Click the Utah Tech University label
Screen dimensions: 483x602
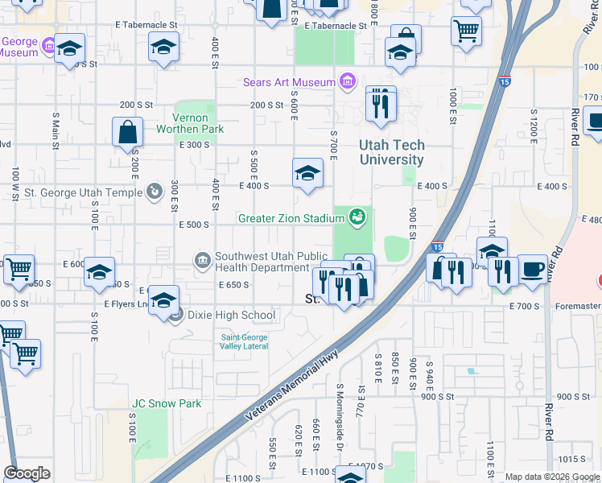click(x=392, y=153)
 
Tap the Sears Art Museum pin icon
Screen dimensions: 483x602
click(x=348, y=81)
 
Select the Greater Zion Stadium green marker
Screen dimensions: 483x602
click(x=357, y=217)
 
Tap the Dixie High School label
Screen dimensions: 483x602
click(x=232, y=316)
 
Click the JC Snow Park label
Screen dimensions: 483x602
click(x=167, y=403)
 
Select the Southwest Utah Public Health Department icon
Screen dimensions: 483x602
click(x=202, y=259)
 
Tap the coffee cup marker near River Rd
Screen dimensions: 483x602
click(x=531, y=268)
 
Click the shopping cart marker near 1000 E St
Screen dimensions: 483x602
click(x=466, y=31)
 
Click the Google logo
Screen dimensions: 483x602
click(x=27, y=473)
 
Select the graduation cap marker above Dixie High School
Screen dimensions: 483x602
click(x=164, y=301)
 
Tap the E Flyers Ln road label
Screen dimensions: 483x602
click(x=126, y=304)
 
